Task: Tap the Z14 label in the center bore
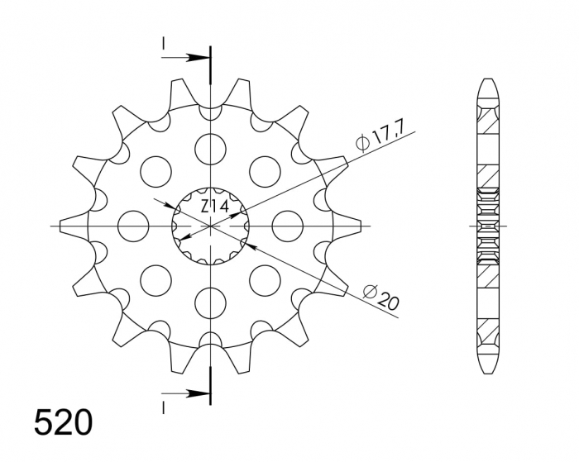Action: pos(214,205)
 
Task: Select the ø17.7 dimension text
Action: pos(382,134)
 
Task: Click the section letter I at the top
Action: pos(164,42)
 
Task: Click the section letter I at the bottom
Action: pos(164,406)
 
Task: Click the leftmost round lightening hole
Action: pos(133,225)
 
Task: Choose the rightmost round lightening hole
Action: pos(287,225)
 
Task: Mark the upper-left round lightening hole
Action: pos(156,170)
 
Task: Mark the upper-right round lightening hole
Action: pos(265,170)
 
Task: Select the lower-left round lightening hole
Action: pos(156,279)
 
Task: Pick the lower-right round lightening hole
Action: pos(265,279)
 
